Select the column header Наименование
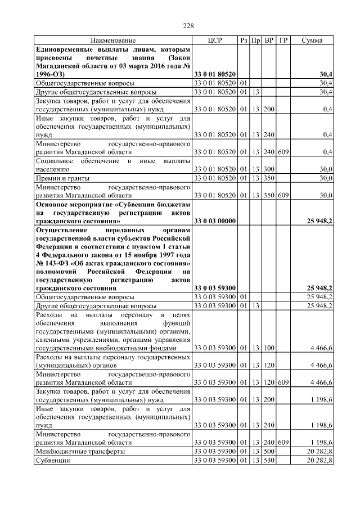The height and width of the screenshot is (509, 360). pos(113,41)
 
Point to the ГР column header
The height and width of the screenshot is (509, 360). pos(283,41)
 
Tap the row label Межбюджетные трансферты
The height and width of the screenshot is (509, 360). pos(80,452)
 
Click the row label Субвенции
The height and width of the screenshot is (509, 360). pos(53,460)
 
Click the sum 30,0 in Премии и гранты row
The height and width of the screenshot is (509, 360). pos(326,179)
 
